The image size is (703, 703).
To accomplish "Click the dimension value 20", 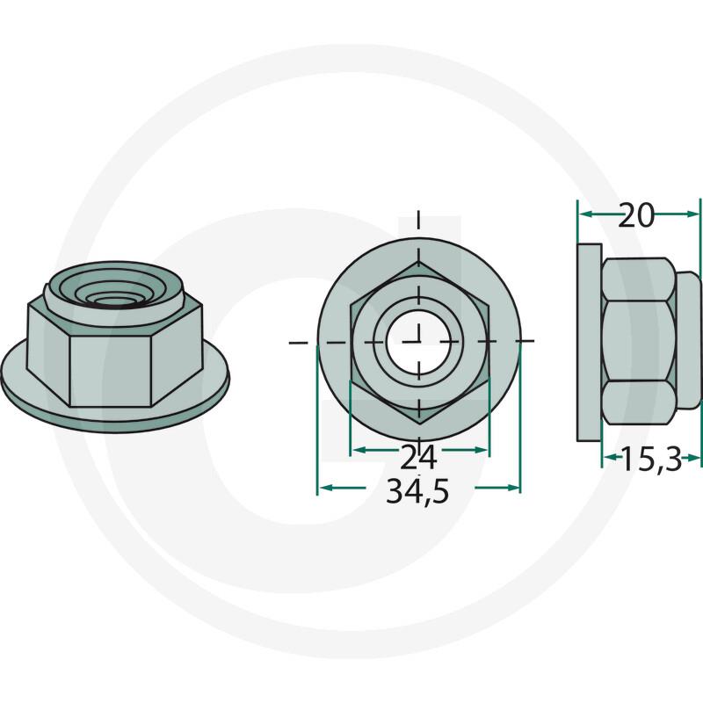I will click(637, 215).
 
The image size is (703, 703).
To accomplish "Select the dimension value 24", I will click(418, 456).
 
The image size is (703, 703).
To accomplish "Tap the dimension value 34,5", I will click(418, 492).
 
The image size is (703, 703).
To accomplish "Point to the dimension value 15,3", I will click(651, 459).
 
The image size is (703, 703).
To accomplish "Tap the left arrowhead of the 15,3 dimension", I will click(608, 457).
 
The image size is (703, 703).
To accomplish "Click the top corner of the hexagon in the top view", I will click(418, 261).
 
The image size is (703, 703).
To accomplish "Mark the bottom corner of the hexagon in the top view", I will click(418, 423).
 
